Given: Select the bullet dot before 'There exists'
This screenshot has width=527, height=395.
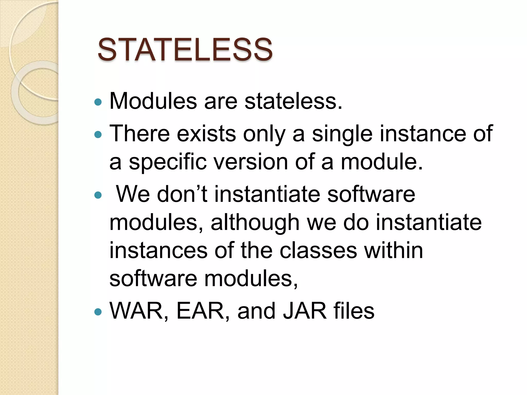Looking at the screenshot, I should click(98, 134).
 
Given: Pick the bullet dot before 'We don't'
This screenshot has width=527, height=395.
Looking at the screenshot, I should click(98, 195).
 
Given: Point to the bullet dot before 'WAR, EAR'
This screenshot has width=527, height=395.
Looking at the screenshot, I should click(98, 312).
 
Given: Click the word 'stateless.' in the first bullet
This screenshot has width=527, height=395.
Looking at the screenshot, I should click(293, 101).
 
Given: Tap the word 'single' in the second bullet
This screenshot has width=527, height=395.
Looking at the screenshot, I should click(342, 133).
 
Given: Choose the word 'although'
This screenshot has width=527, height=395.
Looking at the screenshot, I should click(255, 222).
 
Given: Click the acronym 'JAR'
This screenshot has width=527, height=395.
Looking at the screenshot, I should click(305, 311).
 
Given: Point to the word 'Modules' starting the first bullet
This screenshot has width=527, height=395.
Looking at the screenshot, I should click(153, 101).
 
